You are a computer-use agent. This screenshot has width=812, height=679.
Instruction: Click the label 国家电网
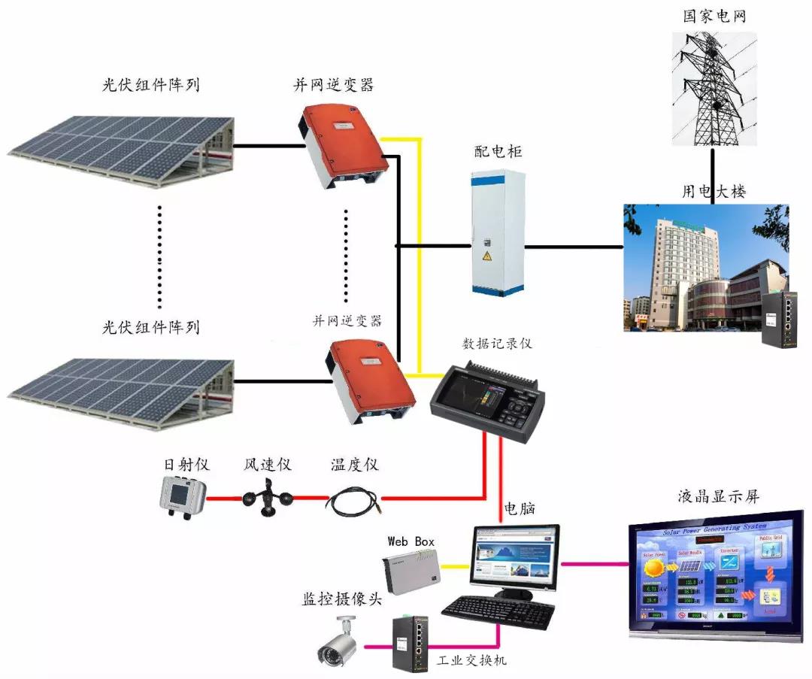click(714, 16)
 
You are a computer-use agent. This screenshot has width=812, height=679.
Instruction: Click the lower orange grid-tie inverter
click(371, 380)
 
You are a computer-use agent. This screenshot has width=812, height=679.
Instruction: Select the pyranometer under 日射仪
click(182, 496)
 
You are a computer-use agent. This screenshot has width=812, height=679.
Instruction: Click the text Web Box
click(411, 541)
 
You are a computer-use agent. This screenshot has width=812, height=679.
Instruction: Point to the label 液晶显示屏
click(718, 497)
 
